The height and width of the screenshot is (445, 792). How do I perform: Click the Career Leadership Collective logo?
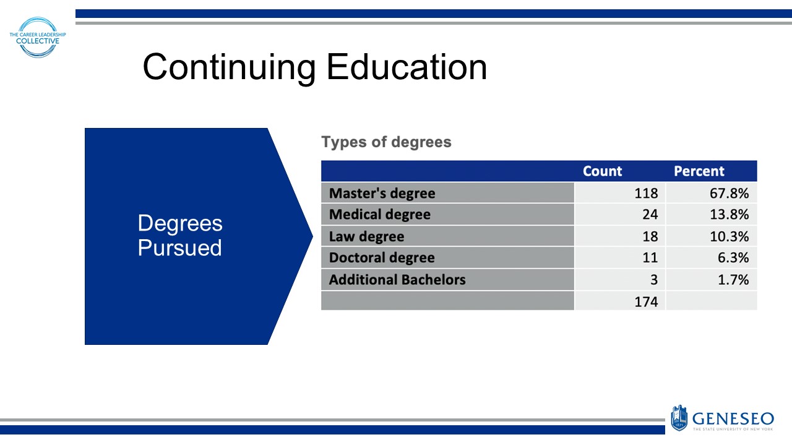[38, 37]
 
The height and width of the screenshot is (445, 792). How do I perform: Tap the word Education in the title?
[407, 67]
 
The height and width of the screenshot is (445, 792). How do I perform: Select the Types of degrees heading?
[386, 142]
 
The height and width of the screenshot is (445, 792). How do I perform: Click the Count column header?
[602, 171]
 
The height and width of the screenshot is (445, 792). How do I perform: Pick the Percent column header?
[699, 171]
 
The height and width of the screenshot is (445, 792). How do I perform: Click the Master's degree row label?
[382, 193]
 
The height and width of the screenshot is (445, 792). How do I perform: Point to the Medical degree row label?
[379, 215]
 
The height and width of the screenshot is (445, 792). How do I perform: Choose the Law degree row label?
[366, 237]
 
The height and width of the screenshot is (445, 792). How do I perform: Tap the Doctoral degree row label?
[382, 258]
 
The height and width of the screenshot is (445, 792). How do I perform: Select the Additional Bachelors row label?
[397, 279]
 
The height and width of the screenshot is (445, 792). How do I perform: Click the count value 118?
[646, 193]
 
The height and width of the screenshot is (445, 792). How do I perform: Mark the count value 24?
[650, 215]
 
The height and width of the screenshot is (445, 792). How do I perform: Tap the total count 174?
[646, 301]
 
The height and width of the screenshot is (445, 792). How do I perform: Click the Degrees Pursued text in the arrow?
[179, 235]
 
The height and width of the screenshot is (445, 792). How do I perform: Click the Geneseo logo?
[721, 418]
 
